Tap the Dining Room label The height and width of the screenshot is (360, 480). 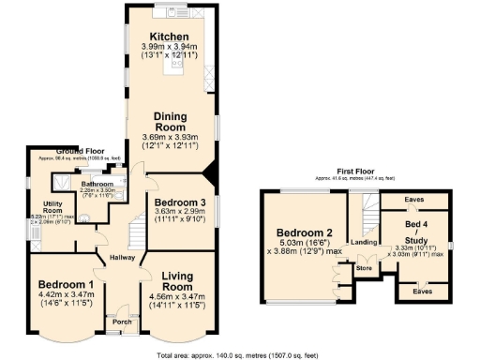pyautogui.click(x=174, y=123)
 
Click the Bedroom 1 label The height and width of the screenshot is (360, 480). pyautogui.click(x=66, y=286)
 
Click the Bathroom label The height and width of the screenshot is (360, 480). pyautogui.click(x=97, y=184)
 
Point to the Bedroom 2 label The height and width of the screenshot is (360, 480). pyautogui.click(x=304, y=232)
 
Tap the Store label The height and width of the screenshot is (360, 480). pyautogui.click(x=365, y=268)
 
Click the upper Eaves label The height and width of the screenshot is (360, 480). pyautogui.click(x=413, y=200)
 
